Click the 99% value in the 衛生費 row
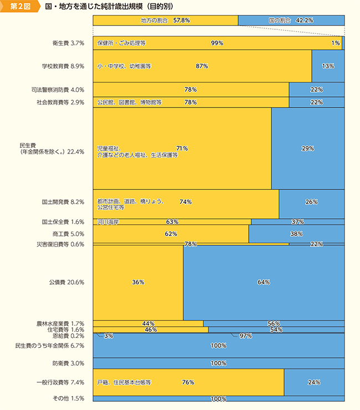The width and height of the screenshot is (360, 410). pos(217,43)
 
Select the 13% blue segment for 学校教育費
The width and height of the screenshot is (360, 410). pos(328,66)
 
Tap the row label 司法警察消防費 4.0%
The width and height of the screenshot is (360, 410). pos(58,89)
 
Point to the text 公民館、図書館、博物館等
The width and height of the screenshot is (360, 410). pos(129,102)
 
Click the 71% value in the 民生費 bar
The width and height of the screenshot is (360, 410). pos(182,148)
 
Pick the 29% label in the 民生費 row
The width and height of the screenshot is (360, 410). pos(308,148)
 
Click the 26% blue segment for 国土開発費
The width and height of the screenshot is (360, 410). pos(311,202)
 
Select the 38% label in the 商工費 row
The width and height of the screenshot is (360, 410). pos(296,234)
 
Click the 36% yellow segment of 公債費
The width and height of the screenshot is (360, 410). pos(138,282)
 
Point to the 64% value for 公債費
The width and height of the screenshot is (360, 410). pos(264,282)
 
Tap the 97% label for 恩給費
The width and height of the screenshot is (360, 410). pos(246,336)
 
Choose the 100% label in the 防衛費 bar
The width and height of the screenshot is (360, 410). pos(219,363)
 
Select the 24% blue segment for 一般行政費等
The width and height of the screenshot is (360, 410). pos(314,382)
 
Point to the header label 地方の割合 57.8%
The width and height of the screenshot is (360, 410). pos(166,20)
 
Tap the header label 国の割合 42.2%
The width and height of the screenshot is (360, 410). pos(291,20)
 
